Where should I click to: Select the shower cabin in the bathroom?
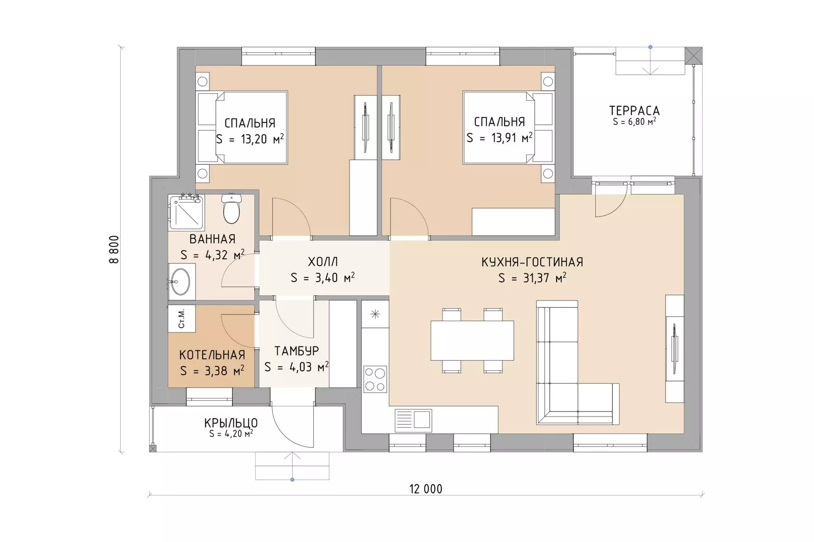pyautogui.click(x=186, y=212)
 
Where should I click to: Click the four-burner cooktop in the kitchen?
pyautogui.click(x=375, y=379)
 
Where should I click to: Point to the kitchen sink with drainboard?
pyautogui.click(x=413, y=420)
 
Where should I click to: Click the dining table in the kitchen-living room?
pyautogui.click(x=472, y=341)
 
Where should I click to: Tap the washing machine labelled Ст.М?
pyautogui.click(x=182, y=318)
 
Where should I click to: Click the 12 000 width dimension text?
pyautogui.click(x=426, y=489)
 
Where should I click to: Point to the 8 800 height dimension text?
pyautogui.click(x=114, y=250)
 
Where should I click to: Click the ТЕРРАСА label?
pyautogui.click(x=634, y=111)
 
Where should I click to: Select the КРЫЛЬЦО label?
pyautogui.click(x=231, y=423)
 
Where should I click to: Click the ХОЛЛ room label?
pyautogui.click(x=323, y=262)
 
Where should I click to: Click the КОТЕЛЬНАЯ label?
pyautogui.click(x=212, y=355)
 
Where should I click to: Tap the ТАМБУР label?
pyautogui.click(x=297, y=351)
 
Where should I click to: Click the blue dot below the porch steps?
pyautogui.click(x=292, y=480)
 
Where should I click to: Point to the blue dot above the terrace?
pyautogui.click(x=650, y=47)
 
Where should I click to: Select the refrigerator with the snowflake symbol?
pyautogui.click(x=375, y=314)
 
